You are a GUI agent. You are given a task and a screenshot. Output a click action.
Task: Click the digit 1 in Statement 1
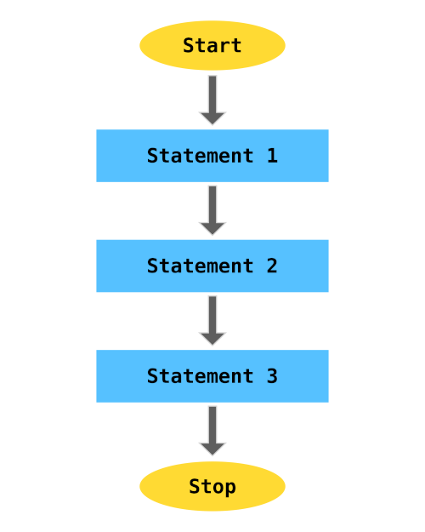tap(272, 156)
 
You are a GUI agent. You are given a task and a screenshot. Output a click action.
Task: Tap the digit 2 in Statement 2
tap(272, 266)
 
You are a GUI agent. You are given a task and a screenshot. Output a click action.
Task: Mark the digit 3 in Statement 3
tap(272, 376)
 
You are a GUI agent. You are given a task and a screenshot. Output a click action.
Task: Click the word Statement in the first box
tap(200, 156)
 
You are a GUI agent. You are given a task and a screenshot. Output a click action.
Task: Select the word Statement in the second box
tap(200, 266)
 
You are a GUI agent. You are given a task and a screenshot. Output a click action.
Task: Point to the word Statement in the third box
tap(200, 376)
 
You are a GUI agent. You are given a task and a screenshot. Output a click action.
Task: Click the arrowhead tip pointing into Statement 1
tap(212, 123)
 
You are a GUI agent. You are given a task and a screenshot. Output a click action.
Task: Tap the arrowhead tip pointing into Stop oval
tap(212, 455)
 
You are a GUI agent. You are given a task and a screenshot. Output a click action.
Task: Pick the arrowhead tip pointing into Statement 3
tap(212, 344)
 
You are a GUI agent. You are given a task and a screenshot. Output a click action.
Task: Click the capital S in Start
tap(189, 45)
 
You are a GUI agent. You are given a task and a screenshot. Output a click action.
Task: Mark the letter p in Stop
tap(230, 488)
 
